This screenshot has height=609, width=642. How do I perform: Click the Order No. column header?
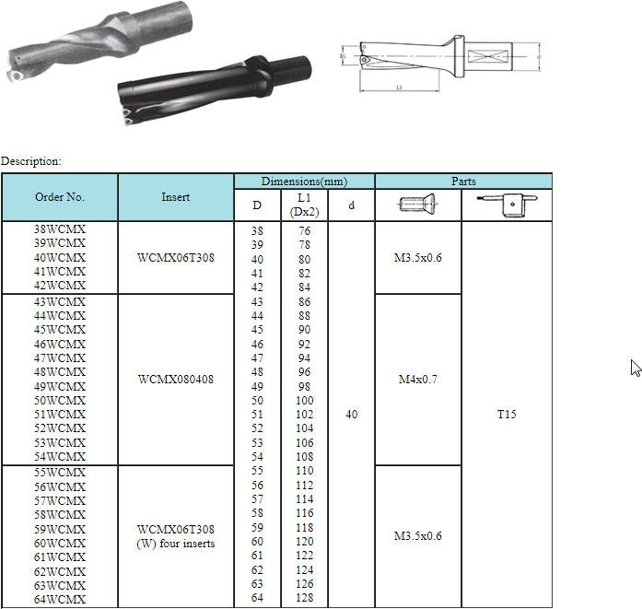click(60, 197)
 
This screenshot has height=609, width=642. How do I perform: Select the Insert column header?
click(176, 197)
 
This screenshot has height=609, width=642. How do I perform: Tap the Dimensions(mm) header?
click(304, 182)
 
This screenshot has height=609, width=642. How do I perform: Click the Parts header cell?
click(463, 181)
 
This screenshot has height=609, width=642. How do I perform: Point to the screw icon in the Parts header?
click(417, 204)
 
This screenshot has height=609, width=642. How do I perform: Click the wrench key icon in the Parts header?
click(507, 204)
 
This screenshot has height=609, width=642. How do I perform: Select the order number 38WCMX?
click(60, 229)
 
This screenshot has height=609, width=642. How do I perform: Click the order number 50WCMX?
click(60, 400)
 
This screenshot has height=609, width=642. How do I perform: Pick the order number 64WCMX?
click(60, 600)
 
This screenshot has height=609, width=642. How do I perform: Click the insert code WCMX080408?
click(176, 380)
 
